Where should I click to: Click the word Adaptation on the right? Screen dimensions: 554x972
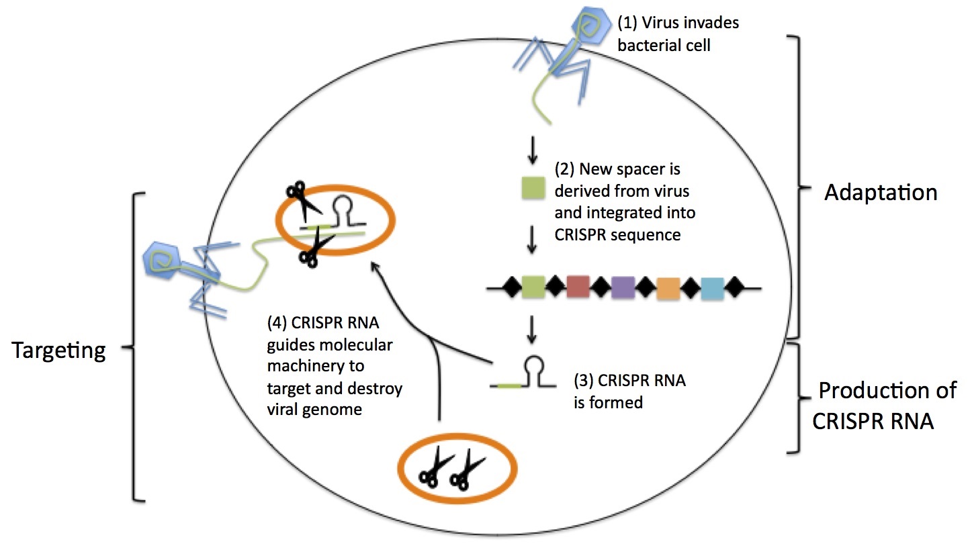pyautogui.click(x=881, y=193)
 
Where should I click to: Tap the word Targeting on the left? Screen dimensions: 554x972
pyautogui.click(x=58, y=351)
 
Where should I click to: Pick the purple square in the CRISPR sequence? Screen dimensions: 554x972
pyautogui.click(x=623, y=287)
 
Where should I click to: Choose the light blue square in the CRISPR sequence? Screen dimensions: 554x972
pyautogui.click(x=712, y=289)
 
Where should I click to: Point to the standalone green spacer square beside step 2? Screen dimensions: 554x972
pyautogui.click(x=533, y=189)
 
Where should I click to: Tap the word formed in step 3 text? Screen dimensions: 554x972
pyautogui.click(x=618, y=404)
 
